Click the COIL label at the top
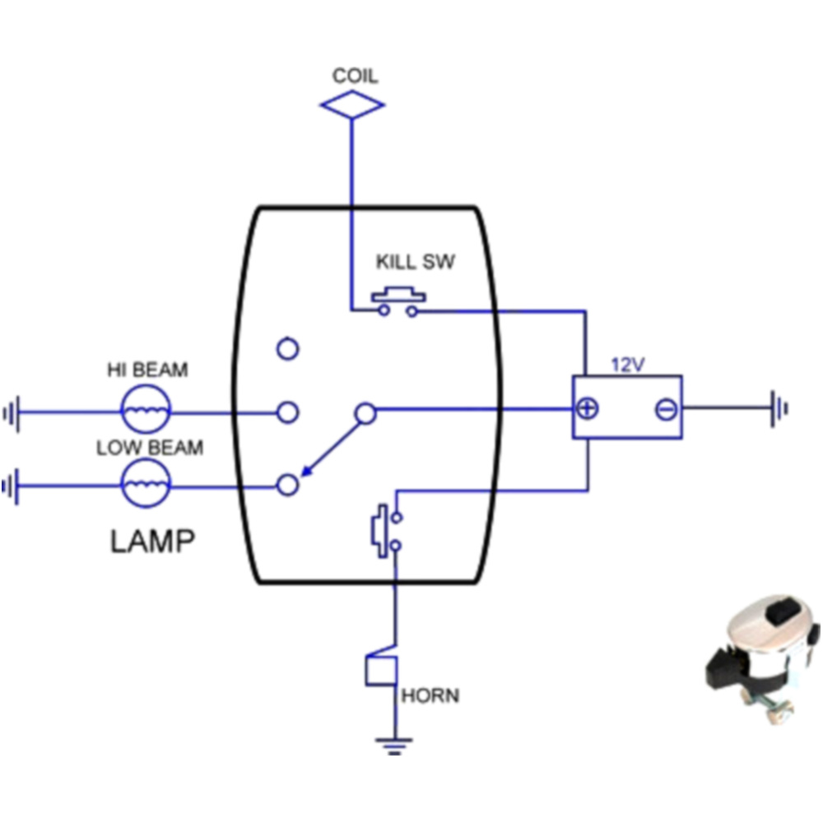355,77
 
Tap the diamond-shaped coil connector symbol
352,105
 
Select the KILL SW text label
415,264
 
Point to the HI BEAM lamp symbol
146,409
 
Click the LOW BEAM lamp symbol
146,483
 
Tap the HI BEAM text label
147,370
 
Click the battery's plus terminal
588,408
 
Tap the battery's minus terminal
666,408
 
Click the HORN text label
430,696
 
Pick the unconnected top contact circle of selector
287,349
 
